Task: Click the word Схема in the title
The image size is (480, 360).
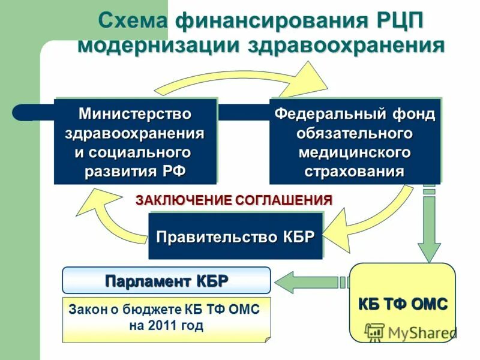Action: (134, 20)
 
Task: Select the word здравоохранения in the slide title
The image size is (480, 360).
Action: (338, 46)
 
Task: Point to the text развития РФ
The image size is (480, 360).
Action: (135, 171)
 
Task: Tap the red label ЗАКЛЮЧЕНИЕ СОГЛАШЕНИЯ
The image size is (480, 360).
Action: (233, 200)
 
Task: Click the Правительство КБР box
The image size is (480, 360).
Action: (235, 236)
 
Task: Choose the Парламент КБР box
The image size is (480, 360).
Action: (166, 280)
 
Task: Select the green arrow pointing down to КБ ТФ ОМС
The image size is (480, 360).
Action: (428, 228)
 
